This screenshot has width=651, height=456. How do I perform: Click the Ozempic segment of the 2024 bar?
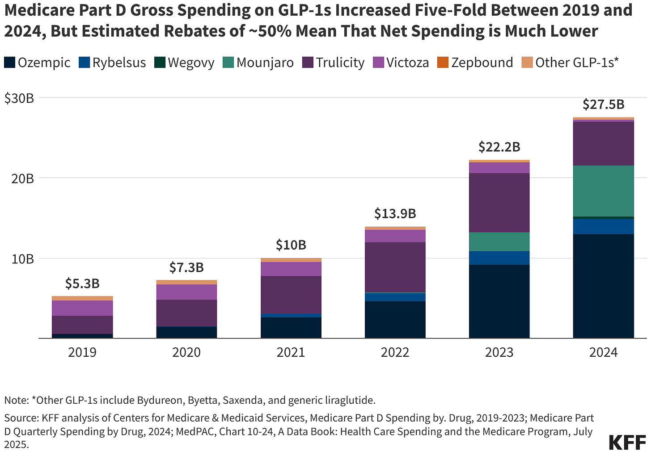[603, 286]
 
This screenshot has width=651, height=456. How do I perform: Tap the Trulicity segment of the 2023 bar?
[499, 203]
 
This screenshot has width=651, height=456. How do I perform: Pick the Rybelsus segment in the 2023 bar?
[499, 258]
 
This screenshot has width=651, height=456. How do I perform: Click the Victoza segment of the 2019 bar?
[82, 308]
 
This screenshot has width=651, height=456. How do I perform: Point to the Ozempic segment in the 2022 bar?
[395, 320]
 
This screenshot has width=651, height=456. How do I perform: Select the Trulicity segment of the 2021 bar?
[291, 295]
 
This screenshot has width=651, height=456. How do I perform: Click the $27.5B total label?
[603, 104]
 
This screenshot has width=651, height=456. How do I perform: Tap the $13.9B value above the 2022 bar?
[395, 213]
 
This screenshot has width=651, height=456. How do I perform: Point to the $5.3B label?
[82, 283]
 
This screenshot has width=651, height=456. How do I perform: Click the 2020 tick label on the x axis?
[186, 352]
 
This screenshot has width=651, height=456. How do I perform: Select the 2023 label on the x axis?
[499, 352]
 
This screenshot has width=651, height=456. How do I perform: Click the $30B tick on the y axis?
[19, 98]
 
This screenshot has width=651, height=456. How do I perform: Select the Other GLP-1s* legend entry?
[570, 63]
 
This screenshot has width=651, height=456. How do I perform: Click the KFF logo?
[627, 442]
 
